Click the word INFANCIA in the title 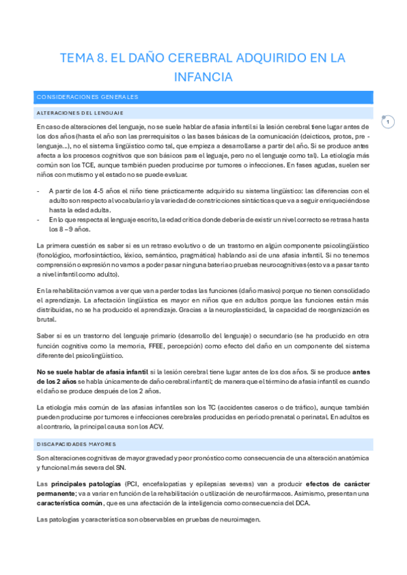[x=203, y=77]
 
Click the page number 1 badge [x=388, y=122]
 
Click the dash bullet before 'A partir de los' [x=39, y=191]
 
